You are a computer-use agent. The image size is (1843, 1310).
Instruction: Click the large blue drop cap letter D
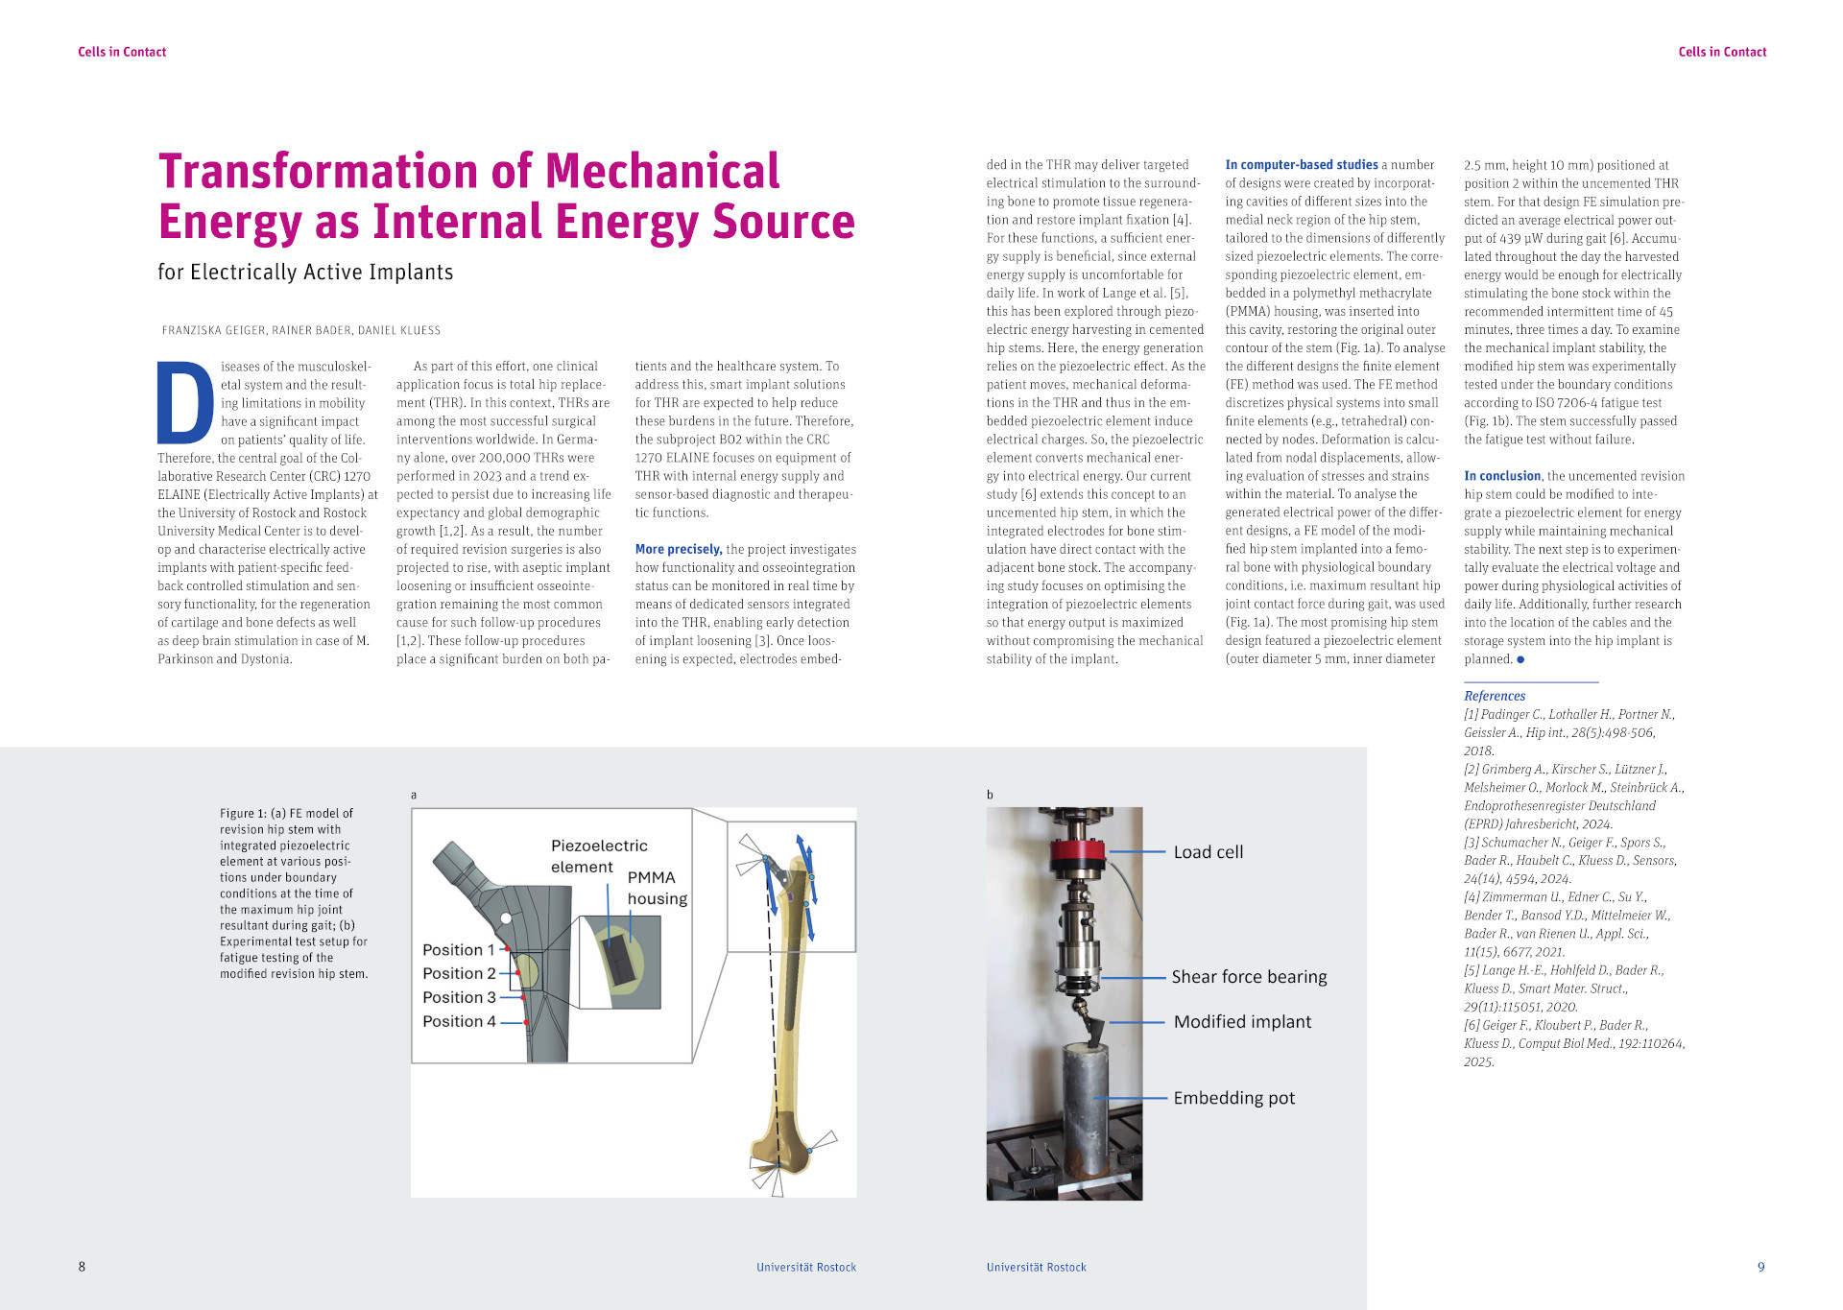pyautogui.click(x=185, y=402)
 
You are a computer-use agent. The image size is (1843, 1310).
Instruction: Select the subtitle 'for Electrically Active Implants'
pyautogui.click(x=305, y=273)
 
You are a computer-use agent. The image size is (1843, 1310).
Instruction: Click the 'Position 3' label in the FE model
pyautogui.click(x=459, y=997)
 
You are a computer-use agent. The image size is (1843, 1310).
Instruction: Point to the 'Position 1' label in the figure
pyautogui.click(x=458, y=949)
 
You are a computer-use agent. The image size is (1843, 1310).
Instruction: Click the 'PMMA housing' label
pyautogui.click(x=657, y=888)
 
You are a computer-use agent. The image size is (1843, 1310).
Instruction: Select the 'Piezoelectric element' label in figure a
pyautogui.click(x=599, y=856)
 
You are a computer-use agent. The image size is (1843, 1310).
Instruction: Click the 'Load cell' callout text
pyautogui.click(x=1208, y=852)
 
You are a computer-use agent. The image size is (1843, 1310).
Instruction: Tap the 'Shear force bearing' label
pyautogui.click(x=1249, y=977)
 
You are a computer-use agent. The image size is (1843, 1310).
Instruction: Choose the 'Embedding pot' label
pyautogui.click(x=1233, y=1098)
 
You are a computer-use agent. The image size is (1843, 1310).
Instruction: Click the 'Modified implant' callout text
pyautogui.click(x=1242, y=1022)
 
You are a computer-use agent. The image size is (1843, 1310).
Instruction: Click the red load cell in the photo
pyautogui.click(x=1077, y=850)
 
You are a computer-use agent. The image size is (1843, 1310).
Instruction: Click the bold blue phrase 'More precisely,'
pyautogui.click(x=678, y=549)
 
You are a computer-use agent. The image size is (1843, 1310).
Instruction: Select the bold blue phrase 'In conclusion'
pyautogui.click(x=1501, y=476)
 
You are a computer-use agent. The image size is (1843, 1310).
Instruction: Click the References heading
pyautogui.click(x=1494, y=696)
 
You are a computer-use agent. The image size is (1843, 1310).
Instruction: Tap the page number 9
pyautogui.click(x=1760, y=1267)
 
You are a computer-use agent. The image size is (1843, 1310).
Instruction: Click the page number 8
pyautogui.click(x=82, y=1267)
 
